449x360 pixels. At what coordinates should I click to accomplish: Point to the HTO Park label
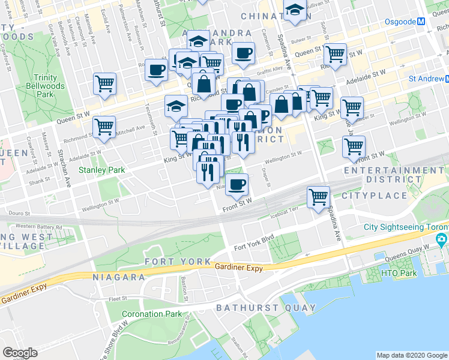point(415,274)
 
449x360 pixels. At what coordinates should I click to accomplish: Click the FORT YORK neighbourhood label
point(178,262)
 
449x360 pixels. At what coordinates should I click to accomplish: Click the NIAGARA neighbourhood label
point(119,277)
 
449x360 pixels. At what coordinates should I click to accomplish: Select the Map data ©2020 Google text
point(411,355)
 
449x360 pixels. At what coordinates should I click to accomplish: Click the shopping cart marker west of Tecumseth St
point(104,127)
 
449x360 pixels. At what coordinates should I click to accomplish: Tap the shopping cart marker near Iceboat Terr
point(318,197)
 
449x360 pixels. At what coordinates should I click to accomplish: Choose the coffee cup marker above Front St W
point(237,184)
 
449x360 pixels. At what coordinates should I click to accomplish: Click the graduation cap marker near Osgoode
point(294,11)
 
